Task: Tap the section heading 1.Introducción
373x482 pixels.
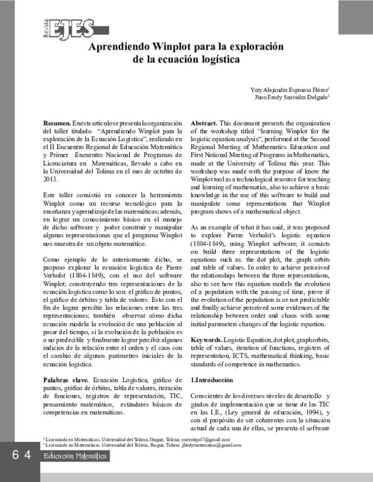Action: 212,380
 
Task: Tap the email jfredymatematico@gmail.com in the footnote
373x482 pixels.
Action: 212,445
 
